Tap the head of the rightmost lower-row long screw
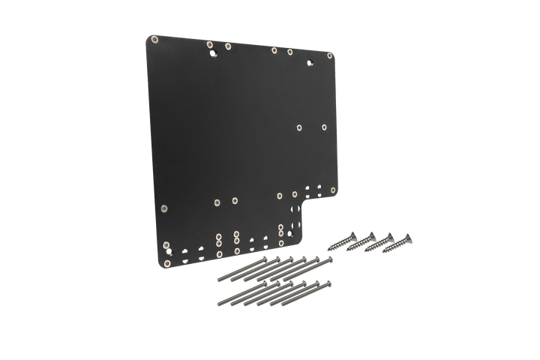[x=328, y=284]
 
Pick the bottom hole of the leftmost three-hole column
[x=218, y=253]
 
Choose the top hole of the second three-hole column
[x=236, y=234]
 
